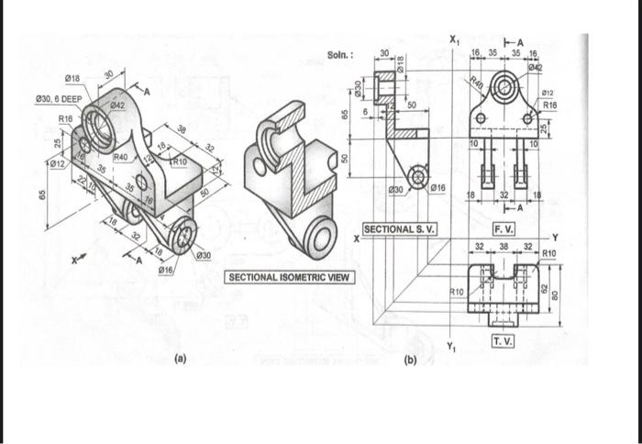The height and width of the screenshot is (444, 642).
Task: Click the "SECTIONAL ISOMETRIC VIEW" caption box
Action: click(289, 276)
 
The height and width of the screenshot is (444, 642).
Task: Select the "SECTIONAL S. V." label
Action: click(401, 228)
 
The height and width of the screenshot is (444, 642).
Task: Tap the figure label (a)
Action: click(182, 361)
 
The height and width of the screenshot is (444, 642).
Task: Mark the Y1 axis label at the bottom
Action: click(450, 345)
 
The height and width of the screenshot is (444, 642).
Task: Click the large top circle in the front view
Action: click(504, 89)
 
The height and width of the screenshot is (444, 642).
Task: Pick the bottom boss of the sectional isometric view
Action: click(323, 239)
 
